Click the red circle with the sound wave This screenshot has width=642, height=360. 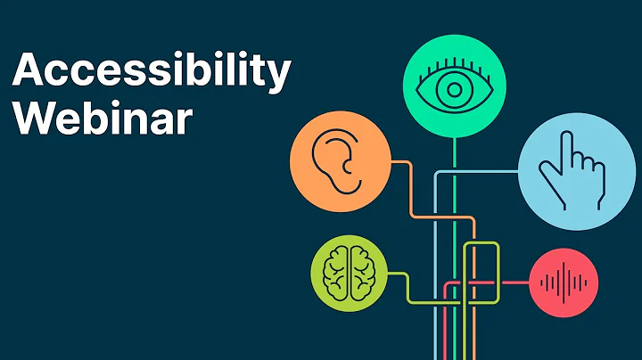tap(564, 284)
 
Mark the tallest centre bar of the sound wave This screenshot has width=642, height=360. tap(564, 284)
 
